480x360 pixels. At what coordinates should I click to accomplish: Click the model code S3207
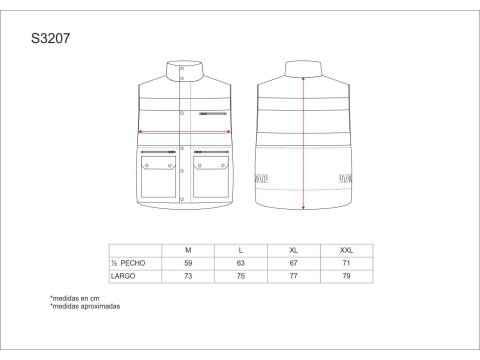51,38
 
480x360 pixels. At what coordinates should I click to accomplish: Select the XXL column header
346,250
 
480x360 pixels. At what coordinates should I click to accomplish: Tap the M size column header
188,250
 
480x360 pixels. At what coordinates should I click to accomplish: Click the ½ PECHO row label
128,263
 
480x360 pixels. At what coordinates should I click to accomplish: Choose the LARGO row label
123,276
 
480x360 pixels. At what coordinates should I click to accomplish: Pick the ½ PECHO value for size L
241,263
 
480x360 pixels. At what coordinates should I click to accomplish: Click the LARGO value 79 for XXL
346,276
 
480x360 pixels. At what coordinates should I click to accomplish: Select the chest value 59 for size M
188,263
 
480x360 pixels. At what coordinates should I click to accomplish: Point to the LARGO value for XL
293,276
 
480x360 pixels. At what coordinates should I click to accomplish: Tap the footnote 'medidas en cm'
75,298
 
